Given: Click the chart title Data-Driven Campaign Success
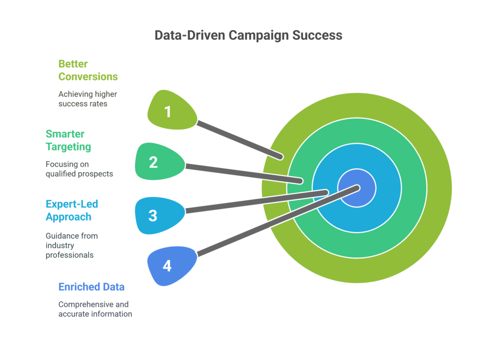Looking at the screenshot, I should (x=248, y=35).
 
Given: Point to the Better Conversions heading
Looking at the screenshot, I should (x=88, y=70).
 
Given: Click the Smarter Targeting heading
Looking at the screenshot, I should (x=68, y=140).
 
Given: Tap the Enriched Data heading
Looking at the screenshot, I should (x=91, y=287).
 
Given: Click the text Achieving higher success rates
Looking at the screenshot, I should (x=87, y=98).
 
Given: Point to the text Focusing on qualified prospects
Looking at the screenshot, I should (x=79, y=169).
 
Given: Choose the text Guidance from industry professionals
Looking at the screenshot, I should (x=71, y=245).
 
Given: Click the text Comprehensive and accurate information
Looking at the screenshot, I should (x=95, y=309).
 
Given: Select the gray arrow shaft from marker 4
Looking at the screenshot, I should (x=277, y=221).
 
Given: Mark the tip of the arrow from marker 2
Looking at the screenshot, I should (x=300, y=181).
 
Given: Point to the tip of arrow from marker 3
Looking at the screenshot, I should (x=325, y=193).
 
